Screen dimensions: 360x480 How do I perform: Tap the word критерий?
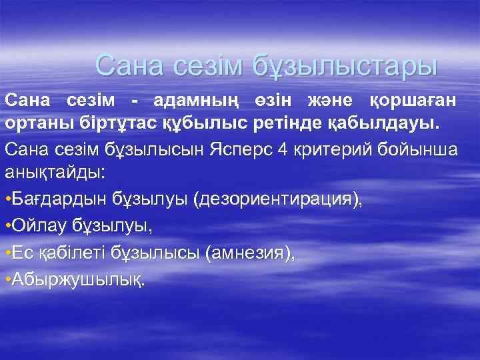coord(329,149)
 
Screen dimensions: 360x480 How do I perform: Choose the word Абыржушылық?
coord(77,279)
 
